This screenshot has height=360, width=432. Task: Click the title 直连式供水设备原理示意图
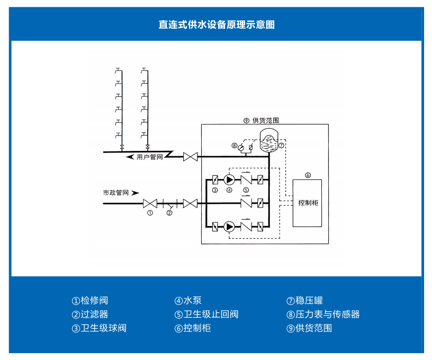click(x=216, y=24)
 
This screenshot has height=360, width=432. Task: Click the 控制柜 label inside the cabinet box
click(x=307, y=203)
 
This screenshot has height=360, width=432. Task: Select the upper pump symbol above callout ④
click(x=229, y=179)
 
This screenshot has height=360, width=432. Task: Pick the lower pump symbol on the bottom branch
click(x=229, y=227)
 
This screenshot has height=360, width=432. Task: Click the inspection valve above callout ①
click(x=150, y=203)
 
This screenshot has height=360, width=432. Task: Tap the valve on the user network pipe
click(x=190, y=157)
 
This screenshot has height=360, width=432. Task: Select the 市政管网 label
click(x=116, y=193)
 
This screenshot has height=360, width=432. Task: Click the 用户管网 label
click(x=150, y=157)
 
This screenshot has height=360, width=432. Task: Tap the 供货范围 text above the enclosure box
click(x=266, y=120)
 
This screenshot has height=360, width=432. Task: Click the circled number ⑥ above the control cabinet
click(x=308, y=175)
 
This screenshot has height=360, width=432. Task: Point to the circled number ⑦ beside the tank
click(x=282, y=145)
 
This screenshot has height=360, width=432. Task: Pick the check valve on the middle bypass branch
click(x=246, y=203)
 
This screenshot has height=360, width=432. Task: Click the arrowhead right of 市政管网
click(x=136, y=193)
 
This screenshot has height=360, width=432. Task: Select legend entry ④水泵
click(x=188, y=301)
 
